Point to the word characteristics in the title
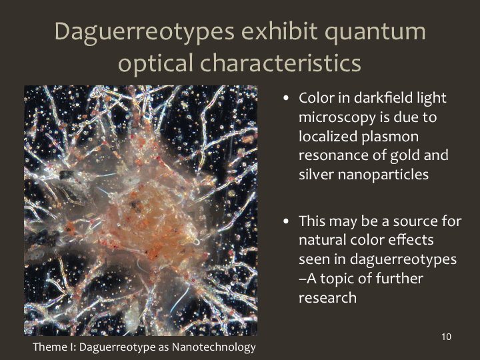pyautogui.click(x=281, y=63)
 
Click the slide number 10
pyautogui.click(x=446, y=337)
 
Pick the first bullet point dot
pyautogui.click(x=286, y=98)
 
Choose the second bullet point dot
pyautogui.click(x=286, y=221)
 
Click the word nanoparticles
pyautogui.click(x=383, y=175)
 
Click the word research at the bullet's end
pyautogui.click(x=327, y=298)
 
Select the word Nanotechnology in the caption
pyautogui.click(x=214, y=347)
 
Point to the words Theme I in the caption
pyautogui.click(x=54, y=347)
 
